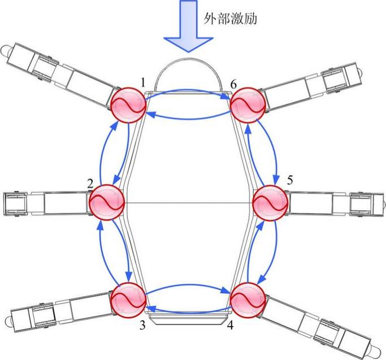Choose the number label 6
(x=233, y=84)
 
